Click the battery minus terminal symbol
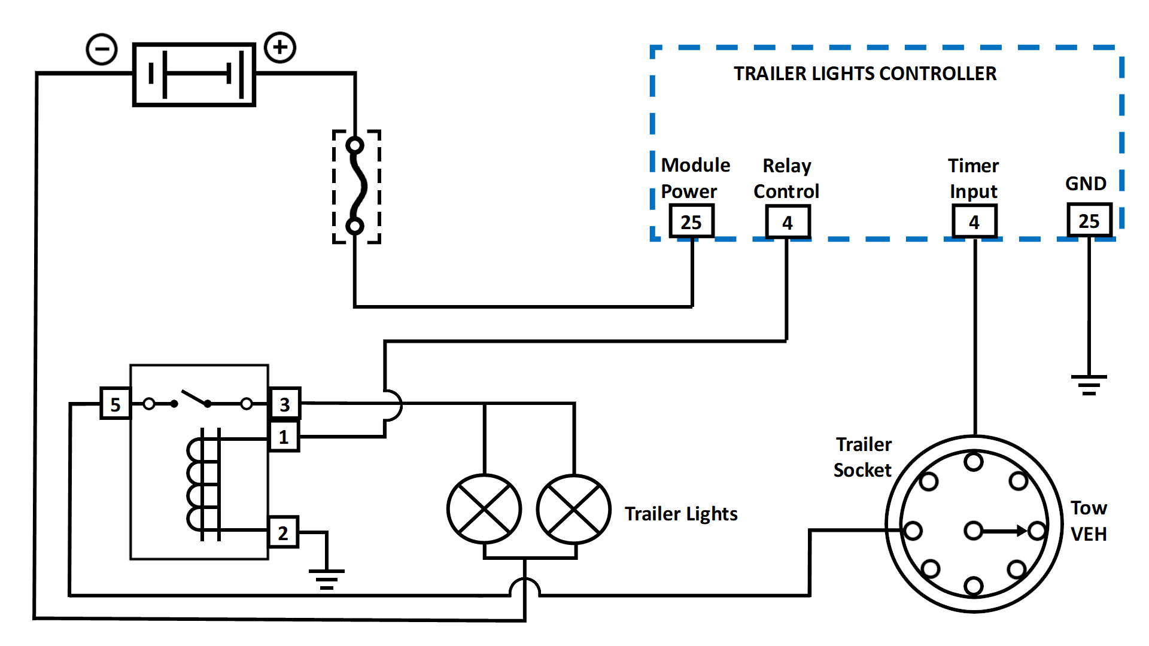[x=102, y=49]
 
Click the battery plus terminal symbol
[x=280, y=47]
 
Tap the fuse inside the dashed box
[x=356, y=186]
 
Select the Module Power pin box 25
[x=691, y=222]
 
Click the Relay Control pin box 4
[x=788, y=223]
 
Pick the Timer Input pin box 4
[x=974, y=222]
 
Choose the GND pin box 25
[x=1089, y=221]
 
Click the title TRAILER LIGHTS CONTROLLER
[x=865, y=74]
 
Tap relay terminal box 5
[x=115, y=404]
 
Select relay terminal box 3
[x=285, y=404]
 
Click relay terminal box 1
[x=284, y=437]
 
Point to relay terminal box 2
[x=283, y=532]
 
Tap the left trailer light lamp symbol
[x=484, y=509]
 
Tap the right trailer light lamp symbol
[x=574, y=509]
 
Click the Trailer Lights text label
[x=681, y=514]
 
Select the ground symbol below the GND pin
[x=1089, y=385]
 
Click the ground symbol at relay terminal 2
[x=327, y=579]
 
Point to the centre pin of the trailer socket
[x=974, y=531]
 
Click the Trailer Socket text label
[x=863, y=458]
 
